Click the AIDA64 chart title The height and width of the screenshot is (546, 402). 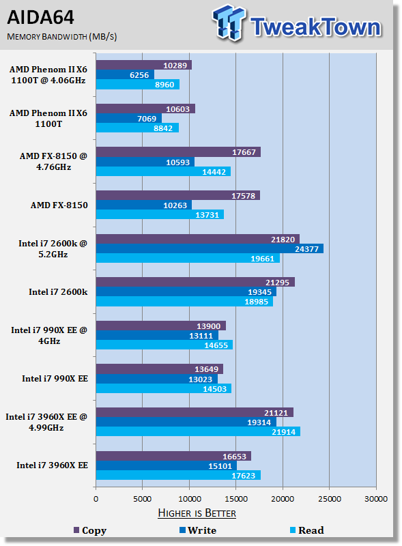pos(40,18)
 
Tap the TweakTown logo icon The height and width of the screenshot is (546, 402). pos(229,23)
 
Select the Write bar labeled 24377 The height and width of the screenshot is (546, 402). pos(210,248)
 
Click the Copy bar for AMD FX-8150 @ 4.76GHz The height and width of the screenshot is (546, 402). pos(178,152)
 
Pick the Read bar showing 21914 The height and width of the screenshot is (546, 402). pos(198,432)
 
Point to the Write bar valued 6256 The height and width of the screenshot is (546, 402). pos(125,75)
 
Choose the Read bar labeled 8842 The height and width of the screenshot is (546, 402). pos(138,128)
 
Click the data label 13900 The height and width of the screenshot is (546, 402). pos(208,326)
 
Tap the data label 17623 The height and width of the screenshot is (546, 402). pos(244,475)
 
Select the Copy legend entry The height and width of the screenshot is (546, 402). pos(90,530)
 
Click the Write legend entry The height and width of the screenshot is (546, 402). pos(198,530)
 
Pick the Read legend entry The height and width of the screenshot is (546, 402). pos(307,530)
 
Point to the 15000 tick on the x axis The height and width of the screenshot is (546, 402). pos(236,499)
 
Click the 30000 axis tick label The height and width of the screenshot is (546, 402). pos(376,499)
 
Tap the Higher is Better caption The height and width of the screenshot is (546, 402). pos(197,513)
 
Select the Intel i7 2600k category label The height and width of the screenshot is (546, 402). pos(58,292)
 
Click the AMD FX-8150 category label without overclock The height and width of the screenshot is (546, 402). pos(59,205)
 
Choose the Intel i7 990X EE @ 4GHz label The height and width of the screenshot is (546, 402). pos(49,335)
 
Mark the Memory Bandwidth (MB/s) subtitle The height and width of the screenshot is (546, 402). pos(61,37)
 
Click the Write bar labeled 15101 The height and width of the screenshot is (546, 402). pos(167,465)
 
